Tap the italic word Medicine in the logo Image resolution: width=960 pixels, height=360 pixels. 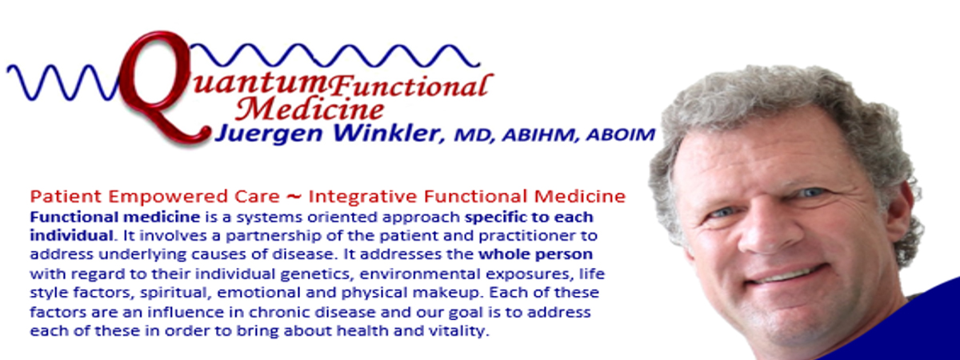pyautogui.click(x=310, y=109)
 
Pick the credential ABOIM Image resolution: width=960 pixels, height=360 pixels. pyautogui.click(x=621, y=134)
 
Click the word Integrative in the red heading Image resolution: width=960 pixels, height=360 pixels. pyautogui.click(x=362, y=197)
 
